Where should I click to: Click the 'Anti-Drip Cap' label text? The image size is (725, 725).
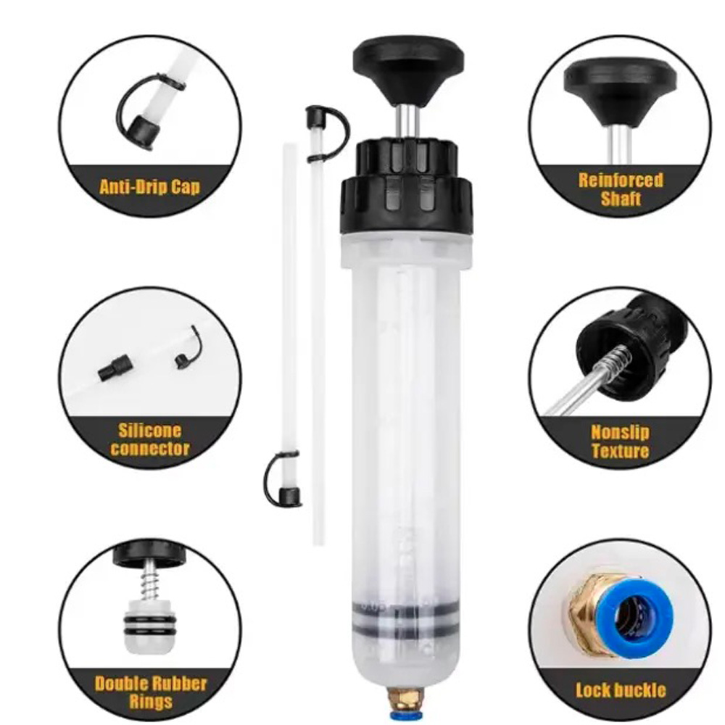click(x=150, y=186)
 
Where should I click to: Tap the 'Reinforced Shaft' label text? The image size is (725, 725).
click(x=621, y=189)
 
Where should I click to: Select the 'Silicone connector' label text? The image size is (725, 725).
click(x=150, y=440)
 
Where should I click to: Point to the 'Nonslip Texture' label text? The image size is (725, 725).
click(x=621, y=442)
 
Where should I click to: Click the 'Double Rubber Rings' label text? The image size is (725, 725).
click(x=151, y=692)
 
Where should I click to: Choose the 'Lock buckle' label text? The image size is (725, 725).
click(x=621, y=690)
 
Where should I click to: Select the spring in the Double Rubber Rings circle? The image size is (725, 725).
click(x=150, y=584)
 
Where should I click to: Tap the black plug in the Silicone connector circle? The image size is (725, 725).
click(x=115, y=368)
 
